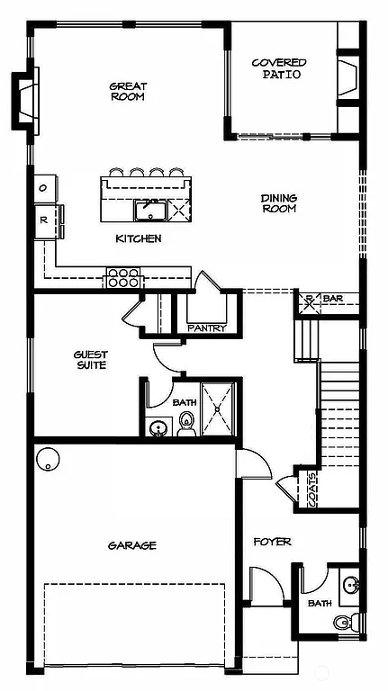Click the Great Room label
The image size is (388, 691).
point(128,92)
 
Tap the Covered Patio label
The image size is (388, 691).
point(279,68)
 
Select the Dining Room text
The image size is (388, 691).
point(279,203)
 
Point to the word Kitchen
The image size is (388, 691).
point(139,238)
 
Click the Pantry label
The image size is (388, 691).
point(206,328)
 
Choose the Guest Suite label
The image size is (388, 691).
point(90,360)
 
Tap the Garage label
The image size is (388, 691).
point(132,545)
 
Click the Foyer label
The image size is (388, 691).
point(272,542)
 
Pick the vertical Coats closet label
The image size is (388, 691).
point(311,490)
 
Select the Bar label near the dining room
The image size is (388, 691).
point(333,299)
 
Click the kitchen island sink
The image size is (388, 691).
point(148,211)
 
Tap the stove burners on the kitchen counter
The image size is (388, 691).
point(123,277)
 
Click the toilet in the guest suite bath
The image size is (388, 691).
point(187,426)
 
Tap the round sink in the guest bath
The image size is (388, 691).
point(158,427)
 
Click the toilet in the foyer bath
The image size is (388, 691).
point(343,622)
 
